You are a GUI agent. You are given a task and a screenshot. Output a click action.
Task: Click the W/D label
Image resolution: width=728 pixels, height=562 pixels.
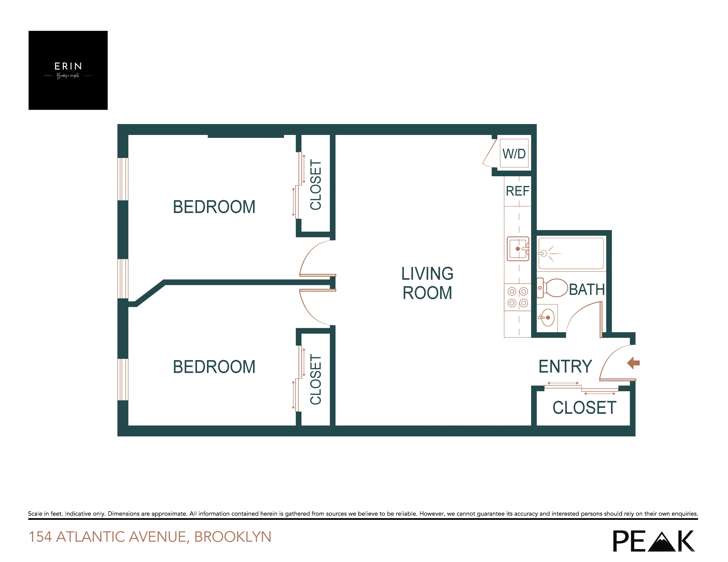[x=514, y=154]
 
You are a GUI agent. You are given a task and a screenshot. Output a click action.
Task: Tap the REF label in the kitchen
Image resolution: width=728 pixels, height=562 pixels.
[x=517, y=191]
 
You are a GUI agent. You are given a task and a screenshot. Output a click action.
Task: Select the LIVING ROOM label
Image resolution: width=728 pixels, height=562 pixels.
[x=427, y=283]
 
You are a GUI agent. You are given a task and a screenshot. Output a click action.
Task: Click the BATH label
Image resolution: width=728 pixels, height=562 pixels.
[x=587, y=289]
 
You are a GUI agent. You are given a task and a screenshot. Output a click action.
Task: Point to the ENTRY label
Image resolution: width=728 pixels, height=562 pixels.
[x=565, y=366]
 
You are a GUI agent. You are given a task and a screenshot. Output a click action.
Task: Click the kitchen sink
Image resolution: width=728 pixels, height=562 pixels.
[x=518, y=249]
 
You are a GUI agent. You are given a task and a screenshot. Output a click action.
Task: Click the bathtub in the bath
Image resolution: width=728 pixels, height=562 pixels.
[x=571, y=253]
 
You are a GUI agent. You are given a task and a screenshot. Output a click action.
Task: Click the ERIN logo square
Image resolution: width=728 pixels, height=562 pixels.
[x=68, y=70]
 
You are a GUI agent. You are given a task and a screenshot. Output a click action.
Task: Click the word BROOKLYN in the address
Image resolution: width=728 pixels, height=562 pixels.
[x=233, y=537]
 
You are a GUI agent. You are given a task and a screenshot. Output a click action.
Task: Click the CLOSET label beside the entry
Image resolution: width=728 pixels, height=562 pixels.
[x=584, y=408]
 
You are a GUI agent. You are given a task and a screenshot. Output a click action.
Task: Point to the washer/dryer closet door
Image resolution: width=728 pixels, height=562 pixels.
[x=489, y=154]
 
